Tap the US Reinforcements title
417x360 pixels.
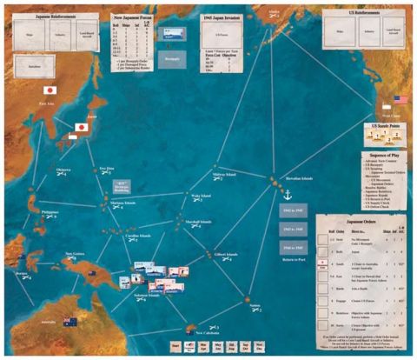coord(364,15)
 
